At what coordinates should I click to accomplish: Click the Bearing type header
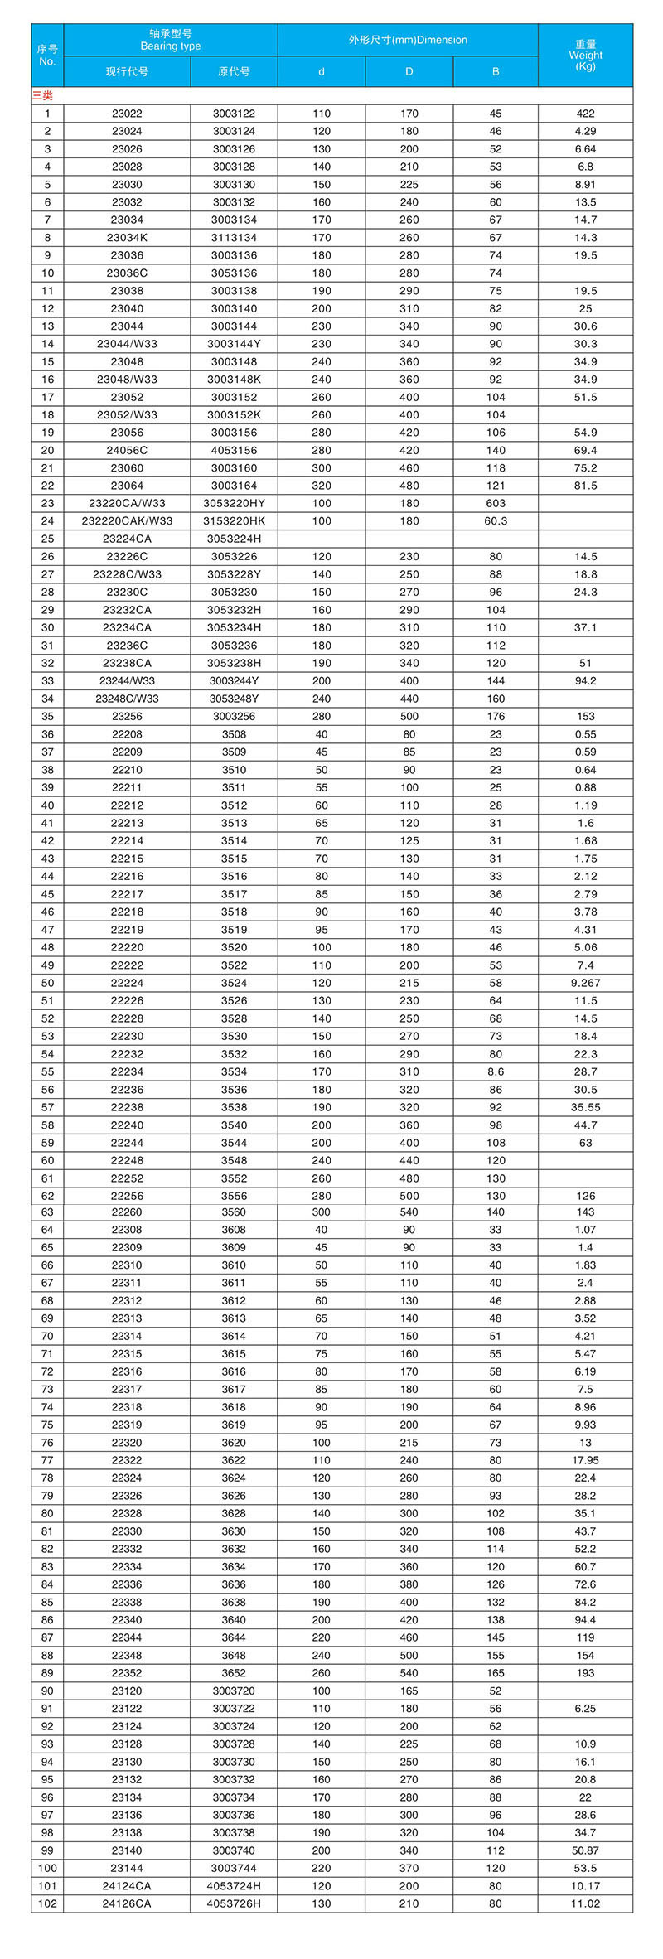point(170,40)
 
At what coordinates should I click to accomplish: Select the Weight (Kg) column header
point(585,55)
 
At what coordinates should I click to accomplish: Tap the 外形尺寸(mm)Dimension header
point(408,40)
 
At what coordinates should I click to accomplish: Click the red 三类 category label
point(42,96)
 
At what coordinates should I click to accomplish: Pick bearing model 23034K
point(127,238)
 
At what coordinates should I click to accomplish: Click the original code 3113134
point(234,238)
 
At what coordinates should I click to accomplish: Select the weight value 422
point(585,114)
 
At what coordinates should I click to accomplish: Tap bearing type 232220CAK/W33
point(127,521)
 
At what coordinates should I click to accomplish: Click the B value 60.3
point(496,521)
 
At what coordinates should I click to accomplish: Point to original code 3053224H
point(234,539)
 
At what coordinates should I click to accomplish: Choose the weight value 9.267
point(585,983)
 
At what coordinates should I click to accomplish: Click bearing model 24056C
point(127,451)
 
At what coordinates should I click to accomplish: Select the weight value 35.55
point(585,1107)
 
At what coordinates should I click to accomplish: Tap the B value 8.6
point(496,1071)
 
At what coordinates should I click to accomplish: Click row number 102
point(47,1903)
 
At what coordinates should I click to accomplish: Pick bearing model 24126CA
point(127,1903)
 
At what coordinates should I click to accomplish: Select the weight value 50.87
point(585,1850)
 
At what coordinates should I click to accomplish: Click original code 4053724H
point(234,1886)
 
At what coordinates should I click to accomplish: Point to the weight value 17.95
point(585,1460)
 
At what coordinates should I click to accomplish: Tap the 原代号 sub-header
point(234,71)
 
